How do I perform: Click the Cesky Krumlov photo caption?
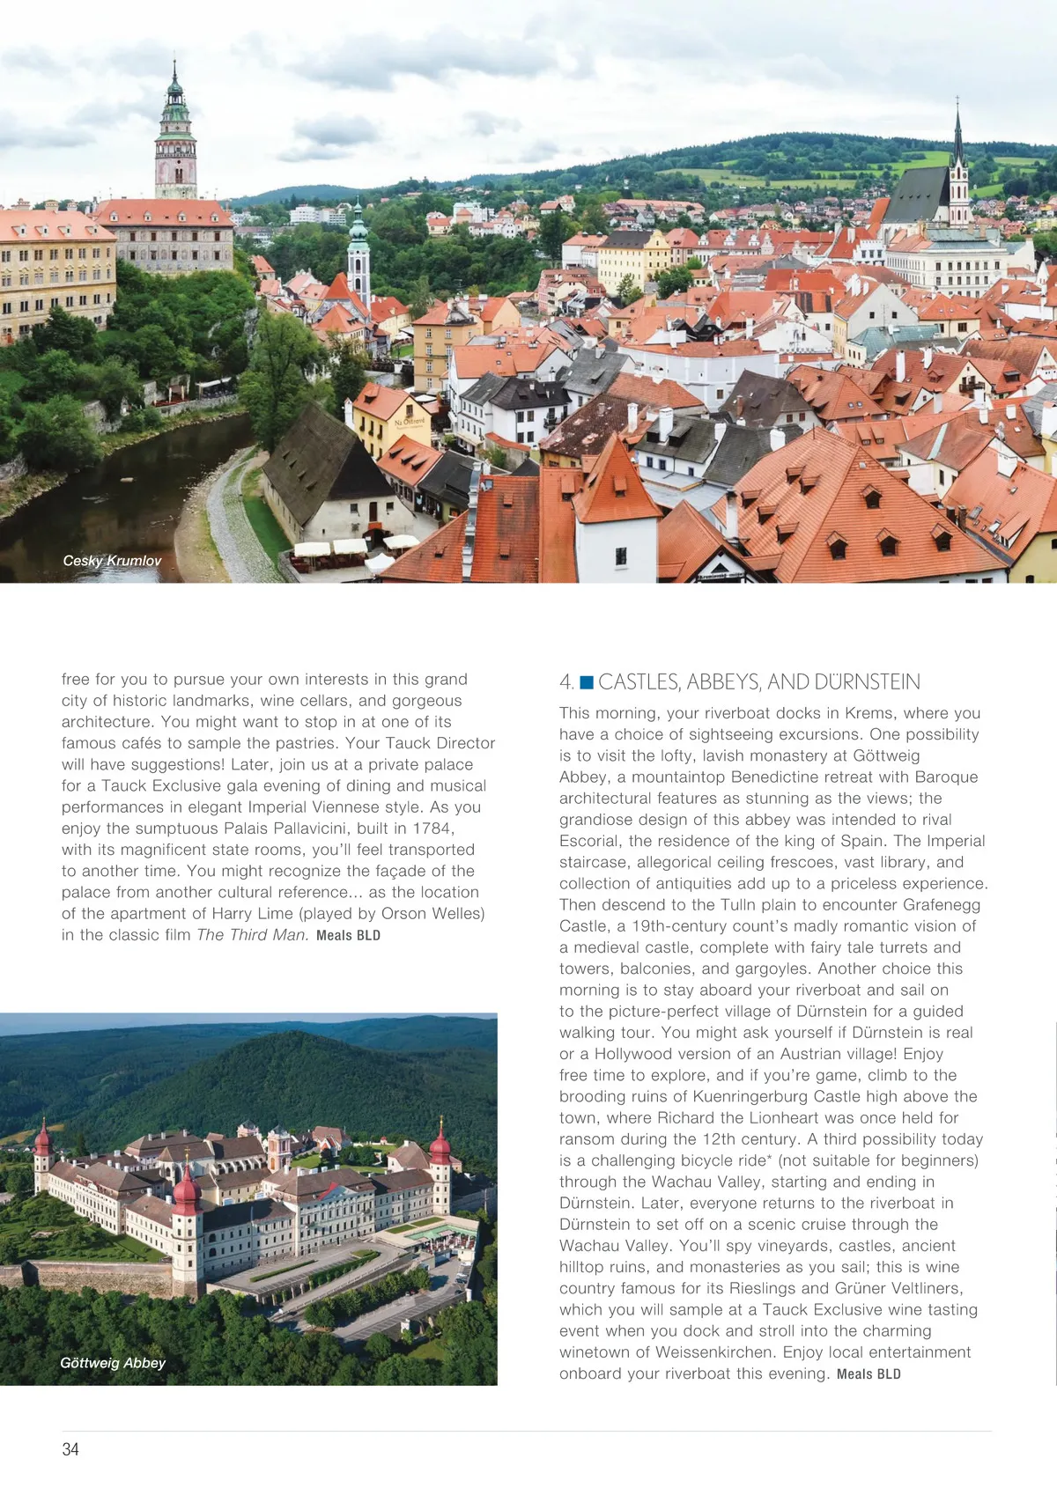pyautogui.click(x=112, y=561)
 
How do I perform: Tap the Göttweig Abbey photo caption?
pyautogui.click(x=113, y=1363)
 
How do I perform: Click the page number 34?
pyautogui.click(x=70, y=1449)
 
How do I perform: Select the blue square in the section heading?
pyautogui.click(x=587, y=682)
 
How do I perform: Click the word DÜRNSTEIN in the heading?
pyautogui.click(x=867, y=682)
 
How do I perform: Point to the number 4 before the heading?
pyautogui.click(x=565, y=682)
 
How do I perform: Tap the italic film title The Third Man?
pyautogui.click(x=252, y=935)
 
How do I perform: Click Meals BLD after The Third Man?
pyautogui.click(x=348, y=936)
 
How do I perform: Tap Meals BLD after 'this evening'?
pyautogui.click(x=869, y=1374)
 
